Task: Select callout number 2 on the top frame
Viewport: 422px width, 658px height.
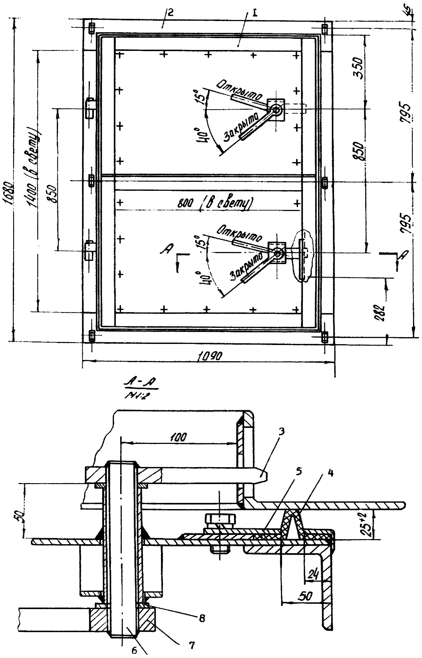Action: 170,13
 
